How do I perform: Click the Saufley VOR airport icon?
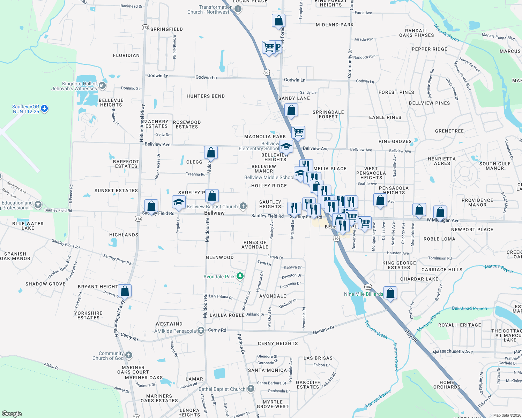44,109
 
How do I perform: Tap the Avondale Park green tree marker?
240,277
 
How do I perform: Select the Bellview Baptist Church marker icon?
243,207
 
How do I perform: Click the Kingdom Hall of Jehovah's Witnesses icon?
102,85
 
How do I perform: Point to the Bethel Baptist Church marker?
251,389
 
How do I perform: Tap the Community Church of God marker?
129,355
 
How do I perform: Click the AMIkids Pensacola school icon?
201,331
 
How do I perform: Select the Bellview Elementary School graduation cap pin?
286,147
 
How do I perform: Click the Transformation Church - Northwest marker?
238,9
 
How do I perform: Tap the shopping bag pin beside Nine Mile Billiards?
390,293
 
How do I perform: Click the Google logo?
12,413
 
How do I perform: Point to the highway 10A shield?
368,287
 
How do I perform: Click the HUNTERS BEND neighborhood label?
206,96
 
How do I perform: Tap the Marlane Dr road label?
323,330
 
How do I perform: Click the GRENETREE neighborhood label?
449,131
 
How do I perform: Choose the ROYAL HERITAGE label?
460,325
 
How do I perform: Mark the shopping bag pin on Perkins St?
125,291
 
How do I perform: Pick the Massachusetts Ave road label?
453,352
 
